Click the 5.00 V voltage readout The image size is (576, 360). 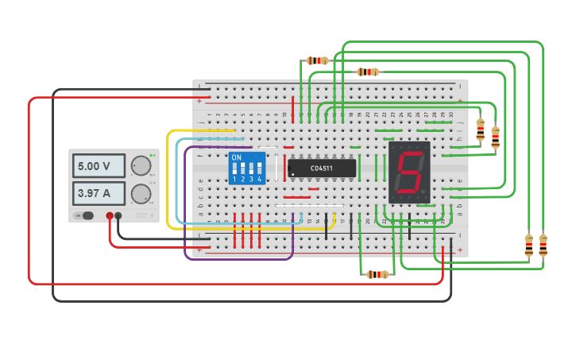point(99,166)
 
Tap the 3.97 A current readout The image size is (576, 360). point(99,193)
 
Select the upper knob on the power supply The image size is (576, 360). point(141,165)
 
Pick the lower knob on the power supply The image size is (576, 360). point(141,194)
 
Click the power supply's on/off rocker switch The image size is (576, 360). point(85,215)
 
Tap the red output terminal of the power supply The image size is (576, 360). point(110,215)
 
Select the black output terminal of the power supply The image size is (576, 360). point(118,215)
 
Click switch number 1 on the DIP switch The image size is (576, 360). point(234,169)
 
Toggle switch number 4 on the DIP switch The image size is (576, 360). point(259,169)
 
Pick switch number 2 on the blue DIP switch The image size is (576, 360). point(242,169)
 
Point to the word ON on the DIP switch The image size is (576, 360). point(236,157)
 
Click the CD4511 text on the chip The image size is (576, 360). point(322,168)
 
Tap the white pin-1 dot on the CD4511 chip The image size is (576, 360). point(292,174)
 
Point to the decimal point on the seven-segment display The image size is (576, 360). point(424,192)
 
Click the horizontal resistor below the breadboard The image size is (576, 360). point(377,274)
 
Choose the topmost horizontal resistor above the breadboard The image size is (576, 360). point(317,60)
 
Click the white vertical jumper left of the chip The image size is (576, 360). point(277,168)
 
